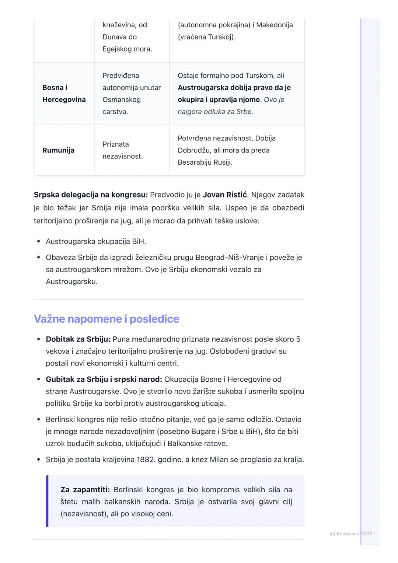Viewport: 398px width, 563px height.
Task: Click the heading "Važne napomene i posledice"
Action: click(x=107, y=319)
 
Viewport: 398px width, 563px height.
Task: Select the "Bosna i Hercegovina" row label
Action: click(x=64, y=94)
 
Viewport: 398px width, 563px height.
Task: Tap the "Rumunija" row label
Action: click(x=58, y=150)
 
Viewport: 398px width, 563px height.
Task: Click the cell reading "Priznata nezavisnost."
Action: click(x=122, y=150)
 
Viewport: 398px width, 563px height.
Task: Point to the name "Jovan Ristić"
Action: click(x=224, y=195)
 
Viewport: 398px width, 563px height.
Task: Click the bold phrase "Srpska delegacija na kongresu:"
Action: click(x=91, y=195)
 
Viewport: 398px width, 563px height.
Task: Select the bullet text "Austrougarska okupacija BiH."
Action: click(x=96, y=242)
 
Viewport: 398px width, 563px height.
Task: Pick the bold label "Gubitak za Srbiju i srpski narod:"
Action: click(x=104, y=380)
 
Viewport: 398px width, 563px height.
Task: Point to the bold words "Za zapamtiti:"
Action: click(x=85, y=490)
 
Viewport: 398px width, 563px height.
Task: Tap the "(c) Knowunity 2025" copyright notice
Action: click(x=350, y=534)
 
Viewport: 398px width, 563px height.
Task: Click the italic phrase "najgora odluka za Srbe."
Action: click(x=215, y=112)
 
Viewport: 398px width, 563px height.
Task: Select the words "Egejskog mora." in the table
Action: click(x=127, y=49)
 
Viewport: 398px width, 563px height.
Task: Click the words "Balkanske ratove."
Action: click(x=198, y=444)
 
